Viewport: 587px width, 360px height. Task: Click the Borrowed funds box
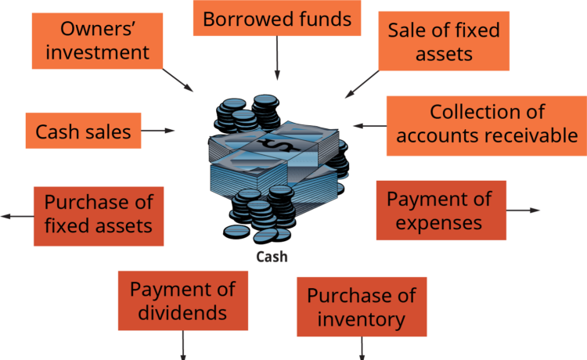coord(277,18)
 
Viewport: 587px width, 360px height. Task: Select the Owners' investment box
coord(97,41)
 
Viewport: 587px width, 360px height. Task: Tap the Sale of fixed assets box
coord(444,41)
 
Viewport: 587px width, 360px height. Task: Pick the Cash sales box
coord(83,131)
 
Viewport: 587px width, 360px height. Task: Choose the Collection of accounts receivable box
coord(487,126)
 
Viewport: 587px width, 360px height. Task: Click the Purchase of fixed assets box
coord(99,216)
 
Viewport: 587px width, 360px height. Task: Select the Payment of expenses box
coord(441,211)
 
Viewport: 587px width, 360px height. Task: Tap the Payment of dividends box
coord(183,301)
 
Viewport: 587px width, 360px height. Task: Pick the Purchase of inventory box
coord(362,307)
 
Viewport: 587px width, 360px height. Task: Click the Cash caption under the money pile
coord(272,257)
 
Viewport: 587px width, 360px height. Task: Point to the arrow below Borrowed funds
coord(277,58)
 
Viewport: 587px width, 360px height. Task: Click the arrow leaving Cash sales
coord(158,131)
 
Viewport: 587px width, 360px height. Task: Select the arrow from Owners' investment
coord(178,80)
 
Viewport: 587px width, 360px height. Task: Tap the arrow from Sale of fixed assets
coord(362,85)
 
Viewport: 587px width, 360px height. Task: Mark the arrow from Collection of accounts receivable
coord(370,126)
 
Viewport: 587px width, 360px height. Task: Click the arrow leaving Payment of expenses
coord(524,211)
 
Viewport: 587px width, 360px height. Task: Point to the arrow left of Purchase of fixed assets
coord(17,216)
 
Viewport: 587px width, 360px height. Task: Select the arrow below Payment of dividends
coord(183,345)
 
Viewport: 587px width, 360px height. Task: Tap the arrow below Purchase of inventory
coord(362,348)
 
